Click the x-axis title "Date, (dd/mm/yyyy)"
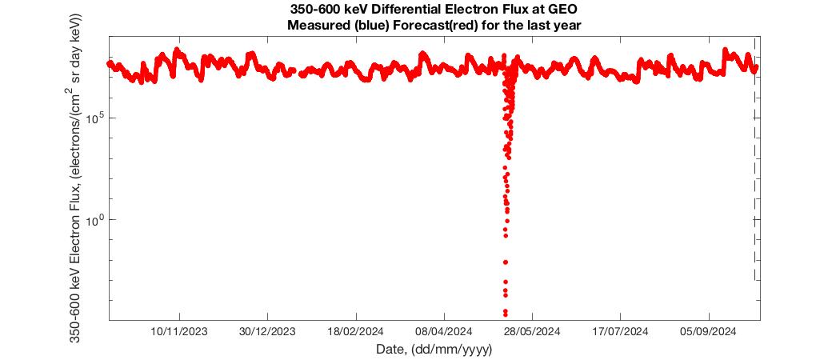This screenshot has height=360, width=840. (x=434, y=349)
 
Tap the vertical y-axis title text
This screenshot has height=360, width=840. (x=76, y=178)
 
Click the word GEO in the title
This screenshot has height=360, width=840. (x=562, y=10)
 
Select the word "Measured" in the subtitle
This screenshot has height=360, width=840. (x=314, y=25)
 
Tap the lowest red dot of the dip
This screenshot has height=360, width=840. (x=505, y=314)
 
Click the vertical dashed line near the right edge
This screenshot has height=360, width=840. (x=755, y=200)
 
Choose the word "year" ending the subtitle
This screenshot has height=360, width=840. (x=566, y=25)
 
